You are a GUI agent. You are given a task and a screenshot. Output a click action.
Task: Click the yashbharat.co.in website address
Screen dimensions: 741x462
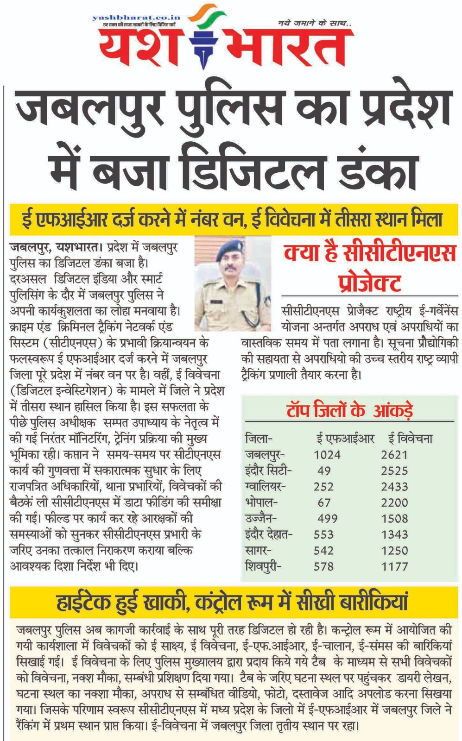(x=136, y=18)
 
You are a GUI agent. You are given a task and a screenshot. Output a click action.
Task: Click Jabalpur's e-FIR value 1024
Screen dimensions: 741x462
(x=327, y=455)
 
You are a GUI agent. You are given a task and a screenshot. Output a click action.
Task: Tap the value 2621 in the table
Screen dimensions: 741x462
(x=394, y=455)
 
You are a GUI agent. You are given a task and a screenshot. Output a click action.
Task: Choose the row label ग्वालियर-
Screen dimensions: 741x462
(x=266, y=487)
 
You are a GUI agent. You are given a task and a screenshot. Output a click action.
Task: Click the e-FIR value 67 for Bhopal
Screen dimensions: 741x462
(x=324, y=503)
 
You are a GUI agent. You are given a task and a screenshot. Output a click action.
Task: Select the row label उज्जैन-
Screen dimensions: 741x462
(x=262, y=519)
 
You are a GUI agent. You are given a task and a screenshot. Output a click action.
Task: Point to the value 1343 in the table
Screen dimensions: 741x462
(x=394, y=534)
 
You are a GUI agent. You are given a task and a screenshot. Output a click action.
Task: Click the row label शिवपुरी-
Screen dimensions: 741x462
(x=263, y=566)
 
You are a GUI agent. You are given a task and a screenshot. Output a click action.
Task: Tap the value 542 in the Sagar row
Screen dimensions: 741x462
(x=323, y=551)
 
